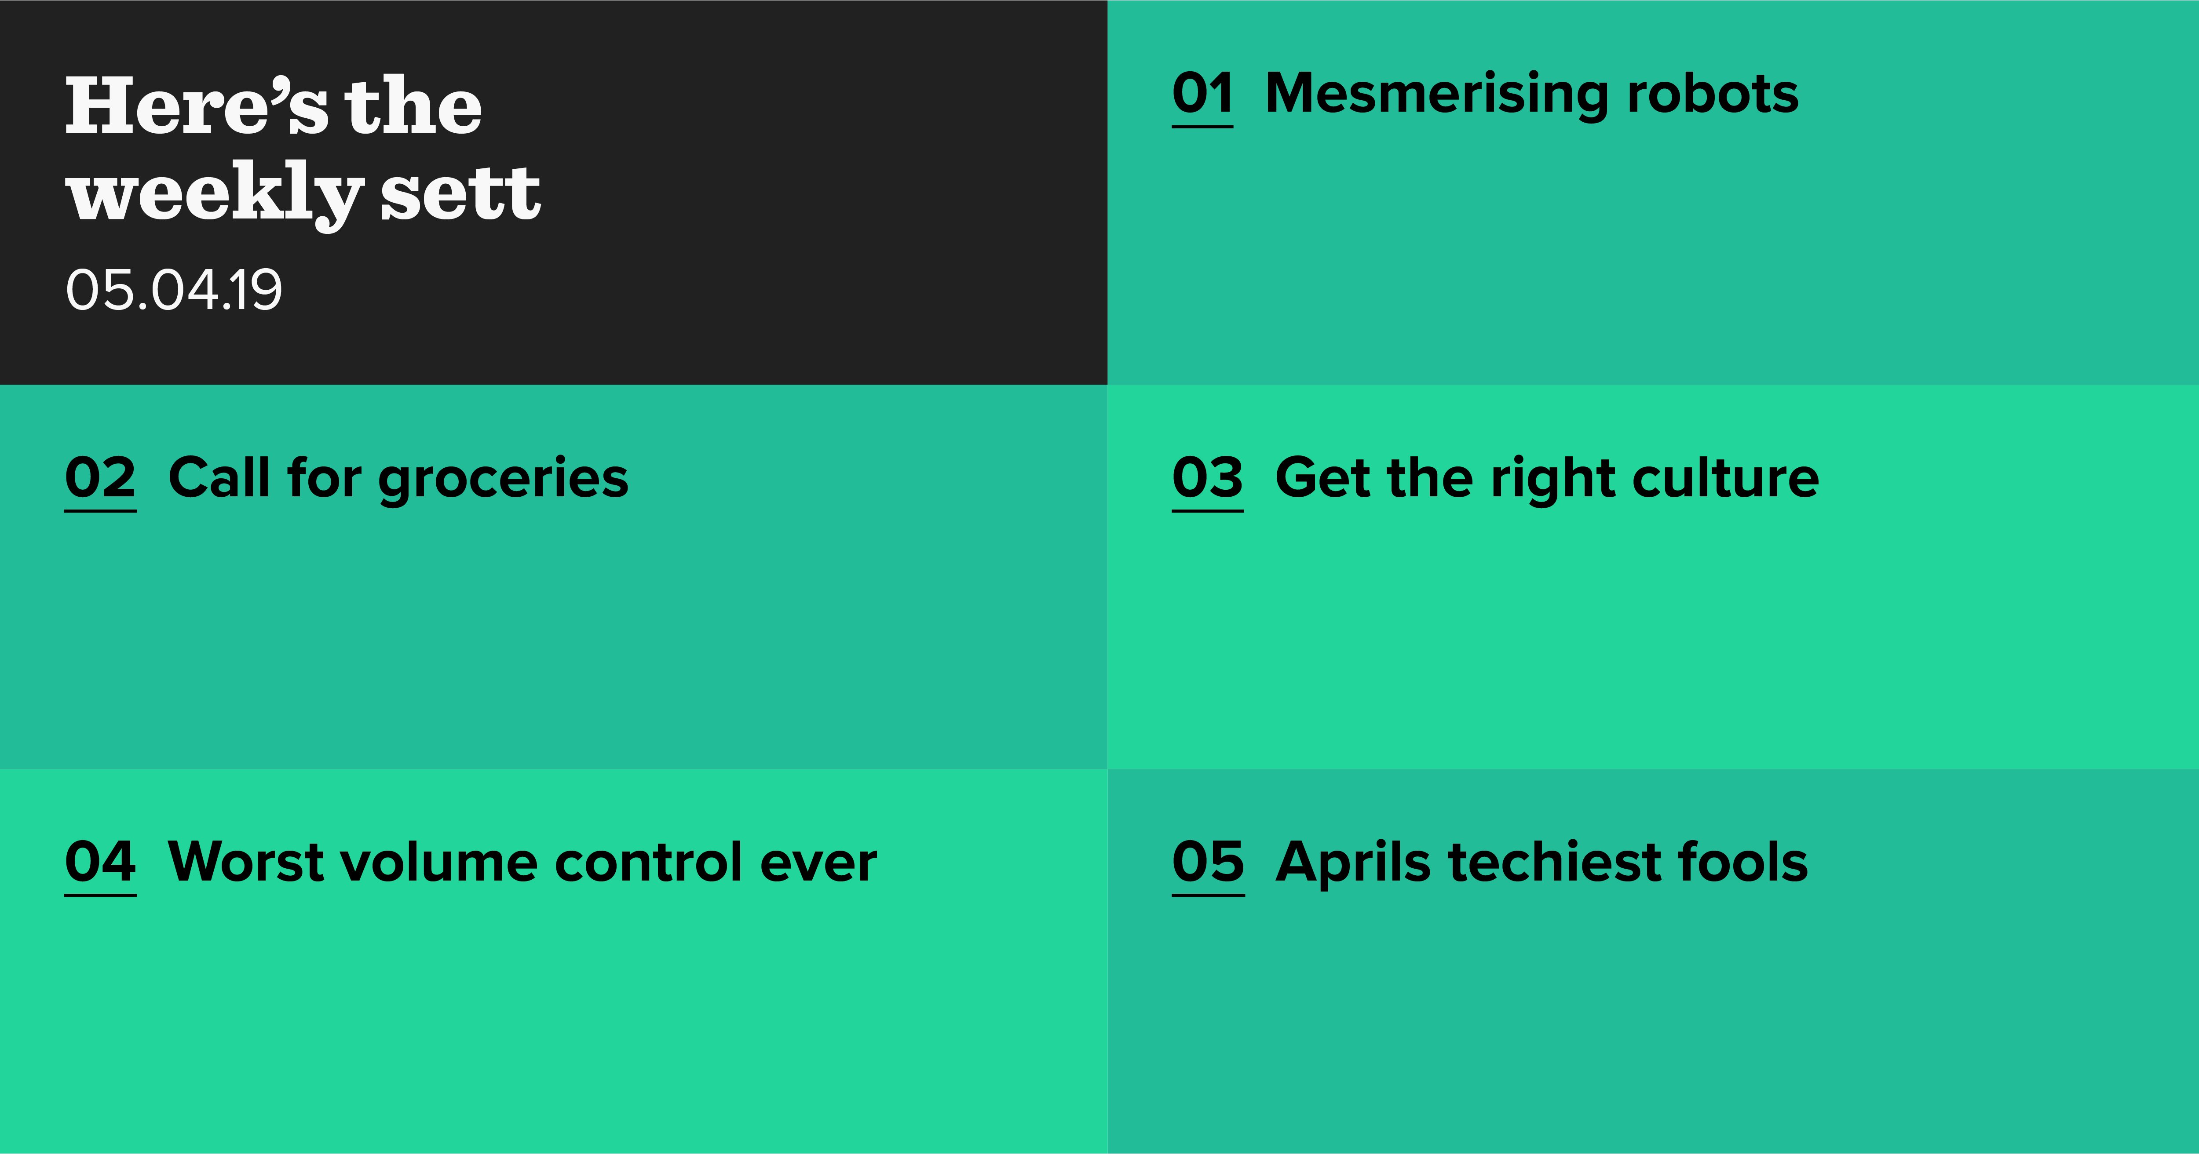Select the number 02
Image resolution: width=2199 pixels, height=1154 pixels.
[101, 478]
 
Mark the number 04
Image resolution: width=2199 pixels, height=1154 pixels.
[101, 862]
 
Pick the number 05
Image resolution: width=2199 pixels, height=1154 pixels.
[1208, 862]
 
